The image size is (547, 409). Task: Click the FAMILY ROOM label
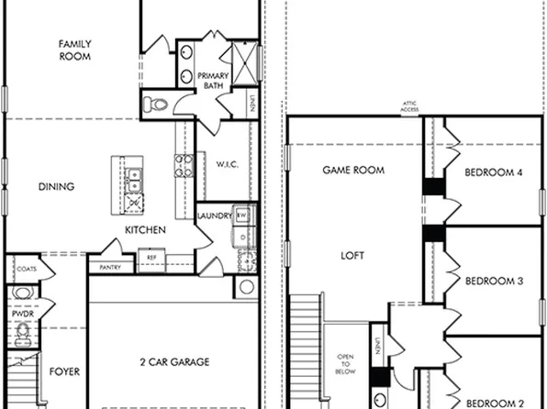pos(74,50)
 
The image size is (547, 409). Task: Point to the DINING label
pos(57,187)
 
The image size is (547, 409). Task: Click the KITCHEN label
pos(146,229)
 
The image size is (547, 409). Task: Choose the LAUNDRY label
pos(214,216)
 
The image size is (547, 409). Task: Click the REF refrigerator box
pos(151,259)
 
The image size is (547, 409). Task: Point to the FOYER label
pos(64,371)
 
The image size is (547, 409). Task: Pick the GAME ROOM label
pos(352,171)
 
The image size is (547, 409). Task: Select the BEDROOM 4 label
pos(493,171)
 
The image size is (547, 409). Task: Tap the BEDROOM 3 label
pos(493,281)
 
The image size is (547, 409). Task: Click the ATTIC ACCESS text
pos(409,106)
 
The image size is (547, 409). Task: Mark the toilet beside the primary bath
pos(159,104)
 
